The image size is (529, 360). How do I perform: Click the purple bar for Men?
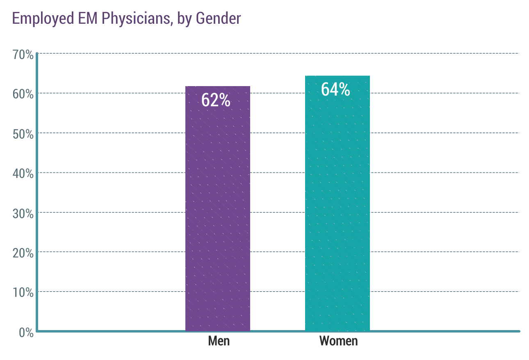[217, 213]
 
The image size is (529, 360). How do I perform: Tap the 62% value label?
[216, 100]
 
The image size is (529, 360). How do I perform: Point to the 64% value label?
[335, 90]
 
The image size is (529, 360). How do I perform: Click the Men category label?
[219, 341]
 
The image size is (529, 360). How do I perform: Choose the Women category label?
[338, 341]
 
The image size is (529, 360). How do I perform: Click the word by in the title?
[184, 19]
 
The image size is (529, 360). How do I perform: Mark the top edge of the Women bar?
[337, 76]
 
